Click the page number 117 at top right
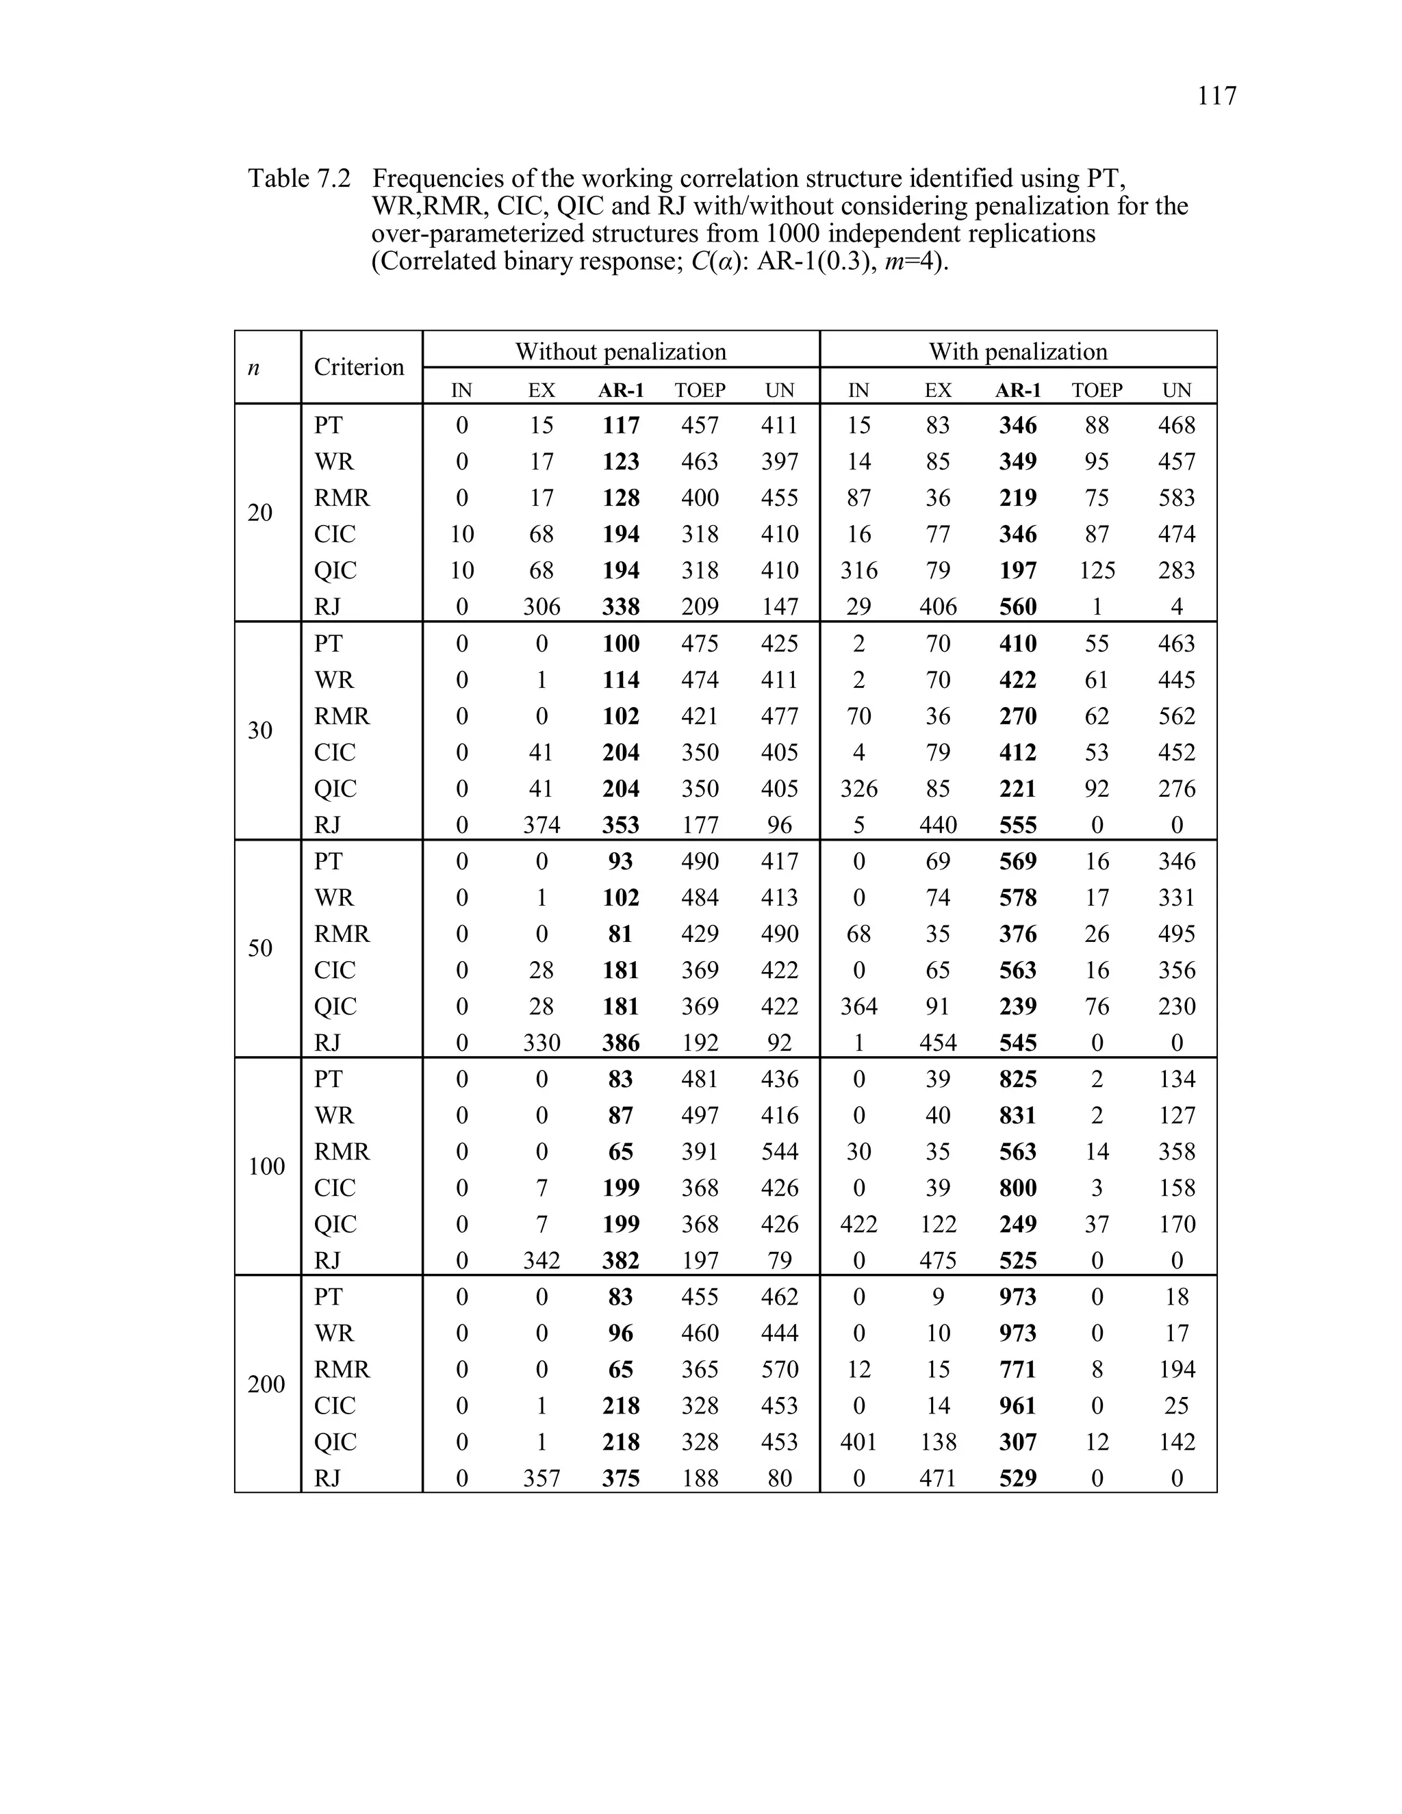click(1216, 97)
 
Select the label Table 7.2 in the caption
click(299, 179)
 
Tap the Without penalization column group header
click(620, 351)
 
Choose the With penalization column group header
click(1017, 351)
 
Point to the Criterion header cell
click(359, 367)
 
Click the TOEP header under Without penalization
click(700, 390)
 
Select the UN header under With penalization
click(1176, 390)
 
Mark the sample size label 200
click(266, 1383)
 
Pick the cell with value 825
click(1017, 1079)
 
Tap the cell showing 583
click(1176, 498)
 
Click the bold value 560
click(1017, 607)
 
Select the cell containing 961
click(1017, 1405)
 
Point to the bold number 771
click(1017, 1369)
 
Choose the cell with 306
click(541, 607)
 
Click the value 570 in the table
click(779, 1369)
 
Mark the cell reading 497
click(700, 1116)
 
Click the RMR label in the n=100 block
click(342, 1151)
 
